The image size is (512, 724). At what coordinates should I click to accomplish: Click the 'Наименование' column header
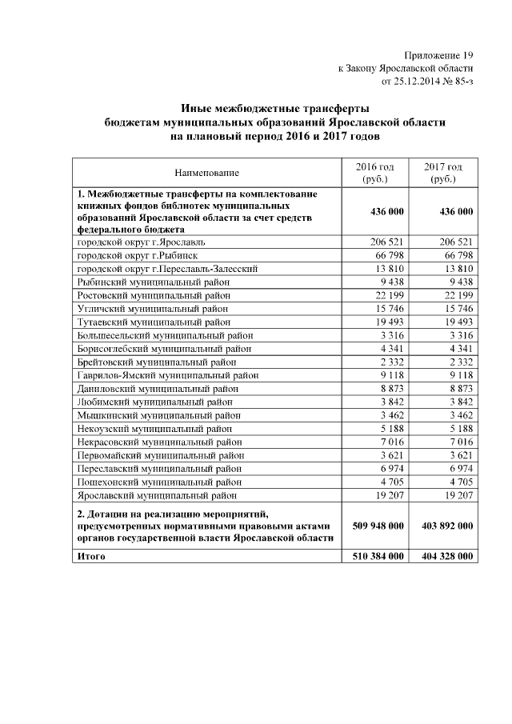[207, 172]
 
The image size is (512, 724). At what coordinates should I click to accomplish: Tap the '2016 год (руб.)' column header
[374, 172]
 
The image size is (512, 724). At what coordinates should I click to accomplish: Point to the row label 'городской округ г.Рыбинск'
[136, 254]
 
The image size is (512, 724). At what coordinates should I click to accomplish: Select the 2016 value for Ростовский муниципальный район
[387, 295]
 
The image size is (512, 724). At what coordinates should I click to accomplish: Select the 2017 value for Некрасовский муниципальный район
[460, 442]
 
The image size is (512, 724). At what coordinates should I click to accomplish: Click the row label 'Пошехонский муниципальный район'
[158, 482]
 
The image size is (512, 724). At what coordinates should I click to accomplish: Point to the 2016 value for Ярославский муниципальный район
[387, 495]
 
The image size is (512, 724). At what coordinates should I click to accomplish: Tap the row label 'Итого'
[91, 556]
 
